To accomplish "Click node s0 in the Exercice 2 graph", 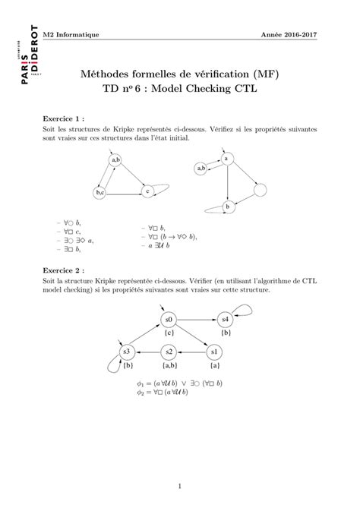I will (169, 320).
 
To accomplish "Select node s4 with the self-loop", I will (225, 320).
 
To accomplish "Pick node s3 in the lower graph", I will (128, 352).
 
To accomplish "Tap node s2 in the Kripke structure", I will (170, 352).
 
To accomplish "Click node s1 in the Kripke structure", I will (213, 352).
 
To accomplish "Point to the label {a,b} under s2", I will (169, 365).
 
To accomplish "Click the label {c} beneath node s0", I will (169, 333).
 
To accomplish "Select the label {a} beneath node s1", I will (214, 365).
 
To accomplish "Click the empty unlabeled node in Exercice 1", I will (261, 189).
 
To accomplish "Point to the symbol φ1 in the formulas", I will (141, 383).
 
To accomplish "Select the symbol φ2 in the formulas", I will (141, 393).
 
